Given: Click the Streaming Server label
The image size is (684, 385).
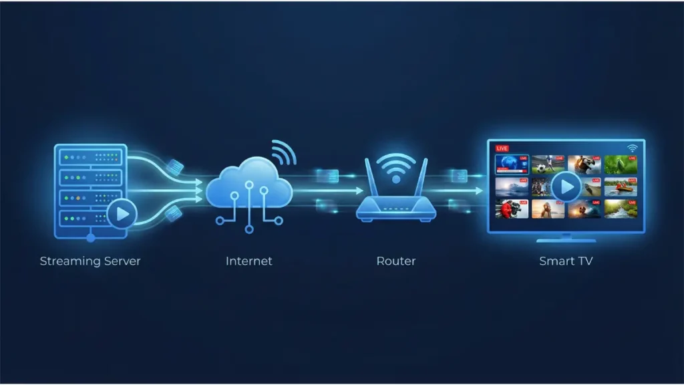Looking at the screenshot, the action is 90,261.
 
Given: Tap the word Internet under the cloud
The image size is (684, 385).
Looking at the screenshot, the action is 249,261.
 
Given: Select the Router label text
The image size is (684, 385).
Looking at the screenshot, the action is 396,261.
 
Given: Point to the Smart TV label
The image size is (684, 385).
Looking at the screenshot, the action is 566,261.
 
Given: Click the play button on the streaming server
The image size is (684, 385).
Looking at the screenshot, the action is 122,214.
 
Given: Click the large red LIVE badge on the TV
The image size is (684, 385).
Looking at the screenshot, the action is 502,148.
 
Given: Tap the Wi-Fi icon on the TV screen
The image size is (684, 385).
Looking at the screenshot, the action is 632,148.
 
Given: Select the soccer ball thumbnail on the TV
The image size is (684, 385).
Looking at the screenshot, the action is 548,164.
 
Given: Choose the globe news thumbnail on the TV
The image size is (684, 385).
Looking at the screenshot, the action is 512,164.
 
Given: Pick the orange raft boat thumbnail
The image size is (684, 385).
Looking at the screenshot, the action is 621,187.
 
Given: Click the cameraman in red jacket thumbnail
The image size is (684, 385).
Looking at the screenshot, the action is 512,209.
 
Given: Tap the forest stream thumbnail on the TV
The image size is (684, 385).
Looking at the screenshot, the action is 621,209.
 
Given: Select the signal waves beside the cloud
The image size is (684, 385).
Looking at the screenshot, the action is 283,152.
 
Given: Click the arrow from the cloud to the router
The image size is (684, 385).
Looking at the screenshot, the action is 328,190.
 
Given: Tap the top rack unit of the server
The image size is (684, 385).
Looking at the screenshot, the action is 91,156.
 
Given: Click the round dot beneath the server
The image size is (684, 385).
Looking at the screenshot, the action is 91,238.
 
